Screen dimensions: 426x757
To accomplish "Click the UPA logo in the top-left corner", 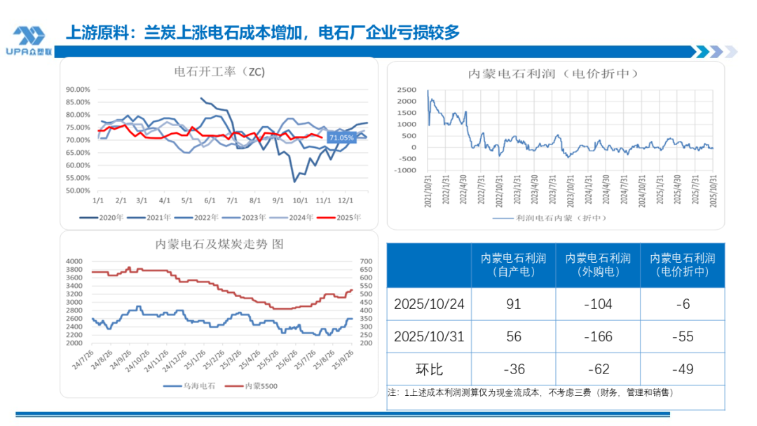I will click(29, 41).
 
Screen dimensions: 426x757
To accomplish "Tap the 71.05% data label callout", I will click(342, 138).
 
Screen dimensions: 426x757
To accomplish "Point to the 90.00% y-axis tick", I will click(77, 90).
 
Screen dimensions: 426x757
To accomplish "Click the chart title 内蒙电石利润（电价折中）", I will click(557, 74).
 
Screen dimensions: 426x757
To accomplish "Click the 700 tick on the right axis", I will click(365, 261).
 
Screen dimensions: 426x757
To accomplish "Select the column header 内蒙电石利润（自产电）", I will click(513, 265).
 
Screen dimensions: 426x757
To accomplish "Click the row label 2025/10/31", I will click(428, 336).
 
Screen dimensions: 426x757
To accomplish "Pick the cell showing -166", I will click(597, 336).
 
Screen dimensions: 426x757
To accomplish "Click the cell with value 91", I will click(513, 304).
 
